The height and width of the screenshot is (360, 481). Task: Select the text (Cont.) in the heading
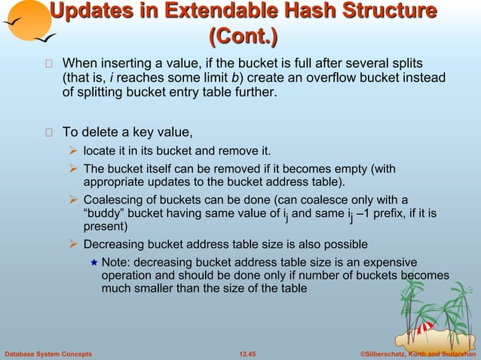pos(242,35)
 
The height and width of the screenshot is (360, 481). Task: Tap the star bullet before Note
pos(93,262)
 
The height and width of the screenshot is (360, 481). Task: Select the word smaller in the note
pos(155,288)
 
